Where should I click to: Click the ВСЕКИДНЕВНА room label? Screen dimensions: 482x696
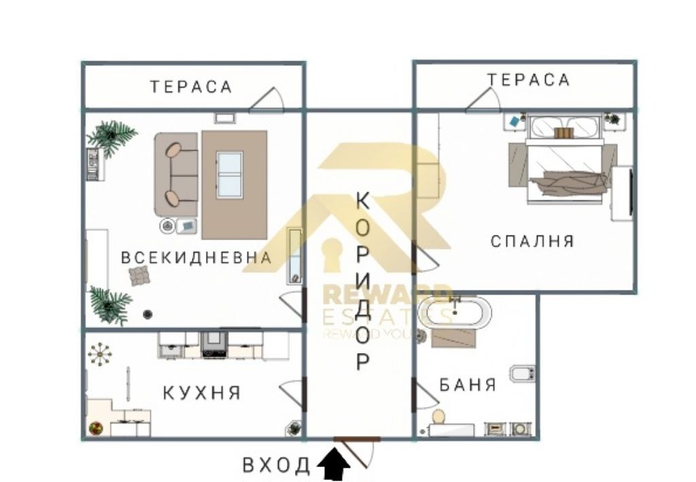196,258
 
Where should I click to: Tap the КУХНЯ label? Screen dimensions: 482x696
202,393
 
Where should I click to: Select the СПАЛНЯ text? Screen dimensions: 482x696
532,241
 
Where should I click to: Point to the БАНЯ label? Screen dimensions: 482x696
468,386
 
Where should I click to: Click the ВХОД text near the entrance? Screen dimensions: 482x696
277,466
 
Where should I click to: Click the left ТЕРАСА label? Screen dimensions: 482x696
191,87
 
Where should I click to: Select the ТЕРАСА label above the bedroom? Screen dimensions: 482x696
528,80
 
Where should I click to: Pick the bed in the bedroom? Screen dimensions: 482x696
564,163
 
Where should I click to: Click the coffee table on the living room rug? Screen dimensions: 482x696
229,174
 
